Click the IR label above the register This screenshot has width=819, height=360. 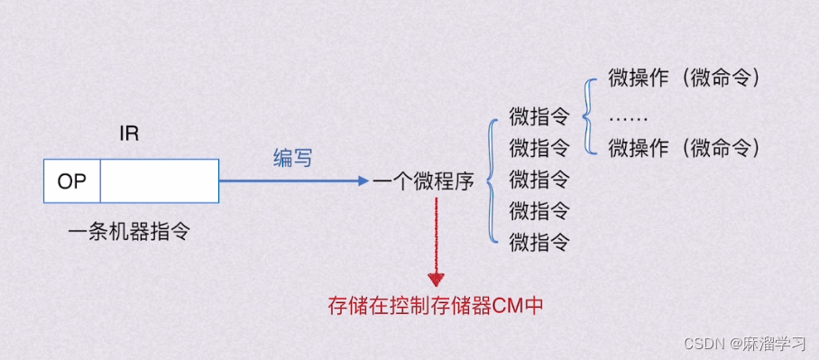pos(129,134)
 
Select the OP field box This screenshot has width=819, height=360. pos(72,181)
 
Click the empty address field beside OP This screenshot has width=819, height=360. pos(159,181)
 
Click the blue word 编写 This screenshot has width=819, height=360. pos(293,158)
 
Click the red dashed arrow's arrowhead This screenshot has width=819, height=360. pos(437,279)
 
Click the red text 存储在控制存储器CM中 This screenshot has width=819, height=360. pos(436,305)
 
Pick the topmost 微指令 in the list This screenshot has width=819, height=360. pos(539,116)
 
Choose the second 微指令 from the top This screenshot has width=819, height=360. pos(539,146)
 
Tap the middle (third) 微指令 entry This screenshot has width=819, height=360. pos(539,179)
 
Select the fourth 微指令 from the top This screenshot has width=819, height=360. pos(539,211)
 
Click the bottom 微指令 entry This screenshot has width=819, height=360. pos(539,242)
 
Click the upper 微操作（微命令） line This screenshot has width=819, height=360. pos(686,78)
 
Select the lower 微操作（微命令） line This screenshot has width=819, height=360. pos(686,146)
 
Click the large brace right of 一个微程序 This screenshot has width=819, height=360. pos(492,180)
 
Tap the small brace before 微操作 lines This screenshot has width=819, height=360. pos(589,113)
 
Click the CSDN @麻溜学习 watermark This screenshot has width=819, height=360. pos(744,344)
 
